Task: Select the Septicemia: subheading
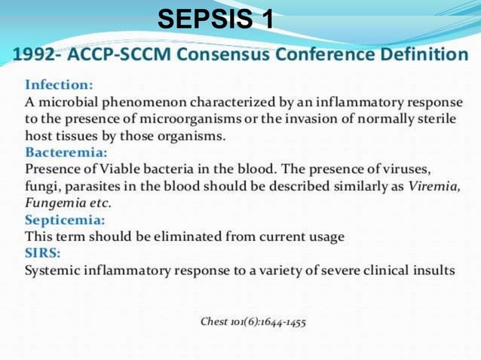click(x=65, y=220)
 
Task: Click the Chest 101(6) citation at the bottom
click(x=253, y=322)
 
